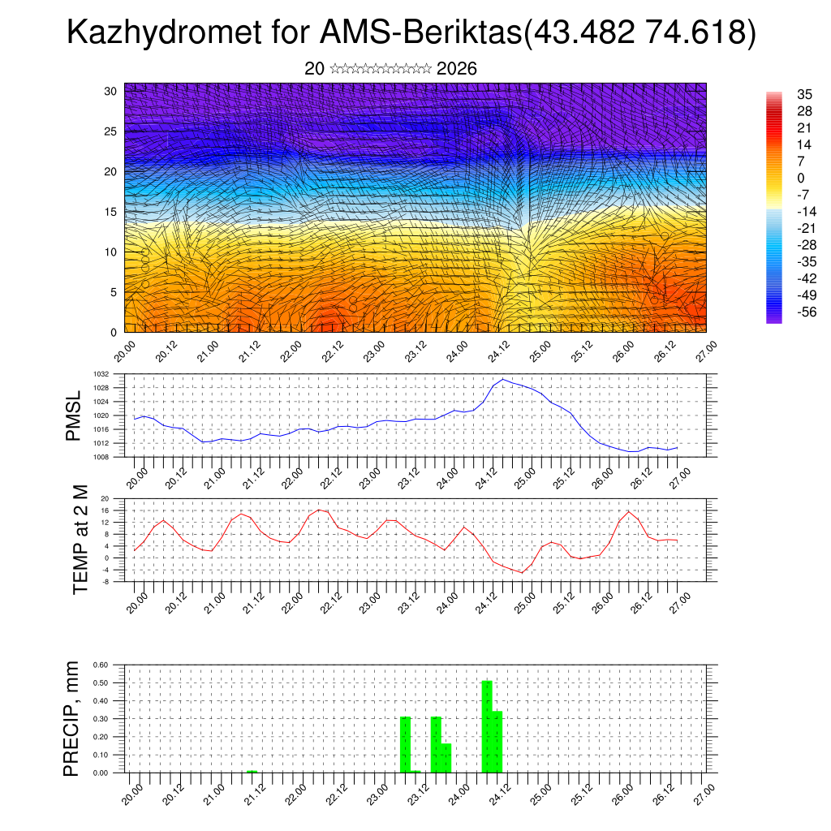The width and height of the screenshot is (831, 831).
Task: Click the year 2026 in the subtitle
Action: click(456, 69)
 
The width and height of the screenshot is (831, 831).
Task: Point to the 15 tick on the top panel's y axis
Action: click(111, 212)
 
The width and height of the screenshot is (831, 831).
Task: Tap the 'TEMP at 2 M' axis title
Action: click(80, 540)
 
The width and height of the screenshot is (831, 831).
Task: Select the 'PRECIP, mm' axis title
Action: click(73, 718)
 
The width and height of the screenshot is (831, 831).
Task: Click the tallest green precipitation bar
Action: click(487, 726)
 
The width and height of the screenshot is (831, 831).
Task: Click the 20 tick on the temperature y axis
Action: click(105, 498)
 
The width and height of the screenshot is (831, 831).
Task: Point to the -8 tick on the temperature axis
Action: click(105, 582)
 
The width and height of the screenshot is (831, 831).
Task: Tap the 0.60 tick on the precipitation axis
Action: click(101, 665)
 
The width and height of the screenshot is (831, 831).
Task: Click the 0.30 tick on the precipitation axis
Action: click(101, 719)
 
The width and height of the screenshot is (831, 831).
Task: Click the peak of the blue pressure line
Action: click(503, 379)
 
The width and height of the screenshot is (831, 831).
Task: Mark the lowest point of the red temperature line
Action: click(523, 573)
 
